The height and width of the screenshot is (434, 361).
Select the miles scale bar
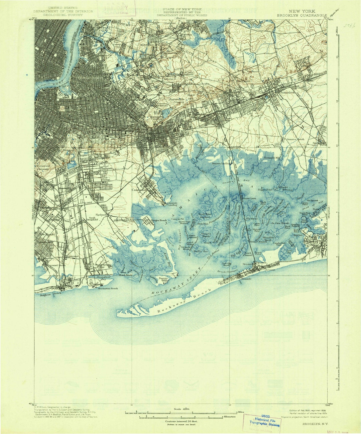181,414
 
